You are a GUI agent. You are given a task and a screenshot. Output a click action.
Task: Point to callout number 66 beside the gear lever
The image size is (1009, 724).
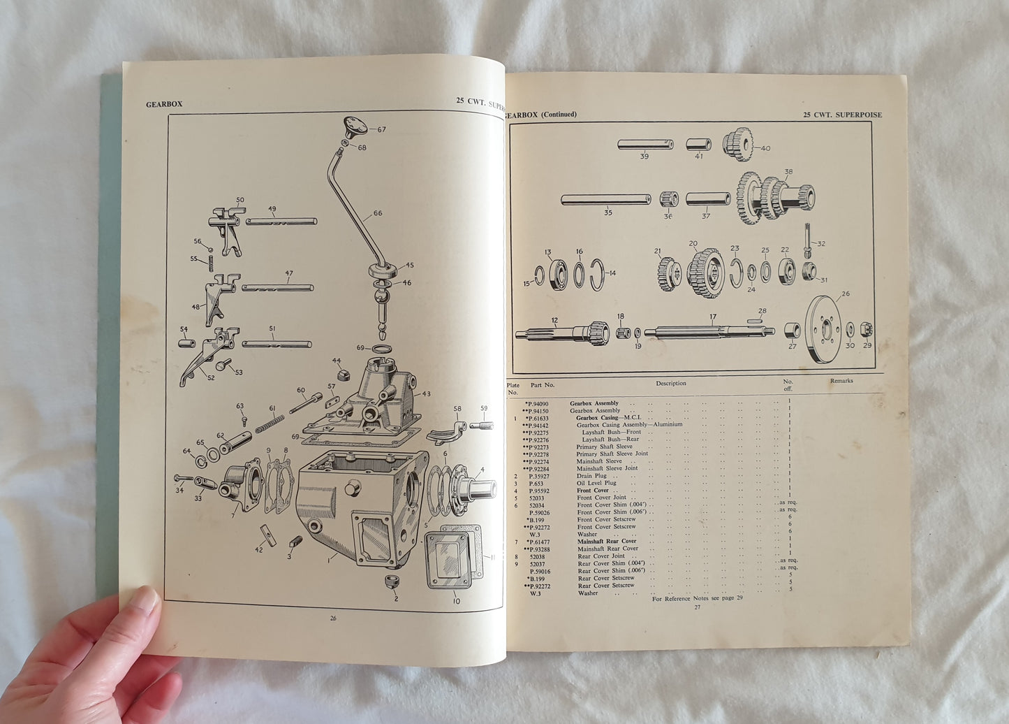[x=378, y=213]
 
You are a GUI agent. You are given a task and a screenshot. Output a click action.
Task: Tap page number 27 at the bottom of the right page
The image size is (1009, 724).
[x=696, y=607]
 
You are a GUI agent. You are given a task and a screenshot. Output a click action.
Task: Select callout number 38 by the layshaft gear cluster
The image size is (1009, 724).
[x=788, y=171]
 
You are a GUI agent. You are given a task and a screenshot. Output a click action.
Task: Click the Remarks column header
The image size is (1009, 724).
[x=841, y=382]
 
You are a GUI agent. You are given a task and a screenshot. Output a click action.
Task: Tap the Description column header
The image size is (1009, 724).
[x=670, y=383]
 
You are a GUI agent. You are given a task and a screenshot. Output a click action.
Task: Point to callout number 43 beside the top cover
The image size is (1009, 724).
[x=426, y=393]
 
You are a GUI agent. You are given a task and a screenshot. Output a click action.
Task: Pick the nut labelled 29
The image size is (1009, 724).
[x=867, y=328]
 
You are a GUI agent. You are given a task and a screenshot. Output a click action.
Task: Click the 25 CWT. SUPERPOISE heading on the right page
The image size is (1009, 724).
[x=842, y=115]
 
